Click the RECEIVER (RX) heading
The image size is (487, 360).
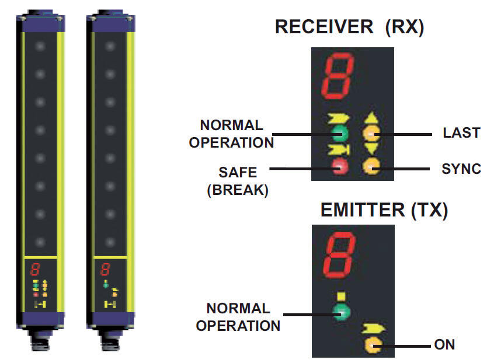(x=349, y=27)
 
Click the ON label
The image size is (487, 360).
(x=444, y=344)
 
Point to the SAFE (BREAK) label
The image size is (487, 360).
(x=237, y=181)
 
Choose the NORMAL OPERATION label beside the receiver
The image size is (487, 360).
(x=231, y=134)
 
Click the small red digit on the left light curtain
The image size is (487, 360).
(x=36, y=270)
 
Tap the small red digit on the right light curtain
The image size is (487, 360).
(x=106, y=270)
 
